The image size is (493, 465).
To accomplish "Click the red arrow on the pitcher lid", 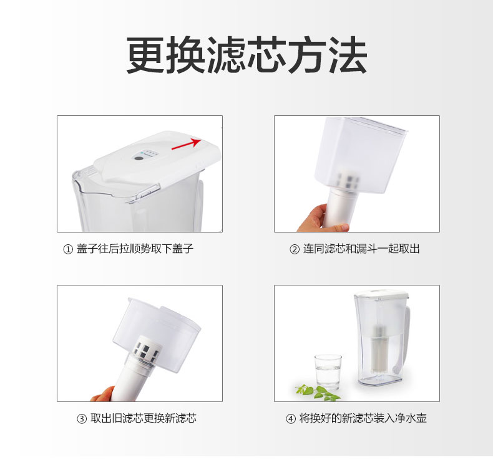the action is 186,143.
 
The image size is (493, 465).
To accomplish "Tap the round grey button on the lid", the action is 138,158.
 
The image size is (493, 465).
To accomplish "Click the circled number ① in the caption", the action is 68,249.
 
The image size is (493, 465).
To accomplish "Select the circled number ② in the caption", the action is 295,249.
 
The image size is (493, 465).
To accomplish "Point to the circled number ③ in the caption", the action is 82,419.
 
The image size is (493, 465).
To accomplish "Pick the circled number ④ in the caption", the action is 291,419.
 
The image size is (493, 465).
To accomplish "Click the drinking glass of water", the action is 328,372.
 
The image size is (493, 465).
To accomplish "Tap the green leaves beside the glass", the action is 318,393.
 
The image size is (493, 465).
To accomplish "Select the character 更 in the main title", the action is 145,55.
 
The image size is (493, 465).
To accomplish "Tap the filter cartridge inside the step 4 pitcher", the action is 381,347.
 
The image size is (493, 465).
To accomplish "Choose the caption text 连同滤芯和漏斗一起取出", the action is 361,249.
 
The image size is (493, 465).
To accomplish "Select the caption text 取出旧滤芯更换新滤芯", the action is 144,418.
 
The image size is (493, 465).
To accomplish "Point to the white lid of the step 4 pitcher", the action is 381,294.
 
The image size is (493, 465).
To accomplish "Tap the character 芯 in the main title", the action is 266,55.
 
